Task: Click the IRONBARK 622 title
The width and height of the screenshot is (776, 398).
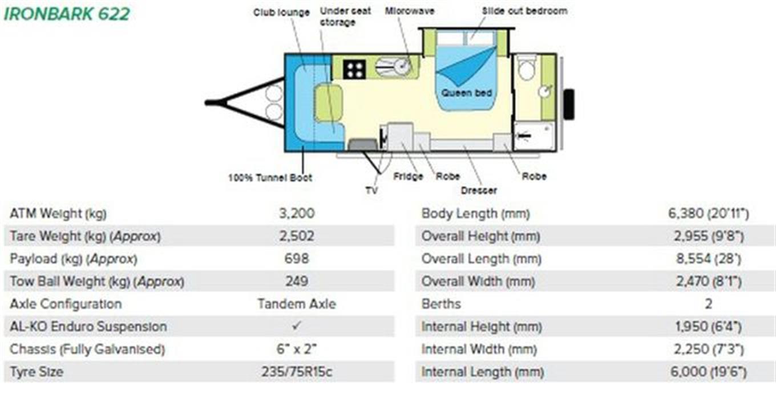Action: (x=67, y=14)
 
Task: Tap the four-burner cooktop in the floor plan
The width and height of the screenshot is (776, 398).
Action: (x=354, y=69)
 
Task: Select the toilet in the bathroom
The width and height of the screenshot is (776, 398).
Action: (x=526, y=68)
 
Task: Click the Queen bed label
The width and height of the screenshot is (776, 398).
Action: (x=466, y=93)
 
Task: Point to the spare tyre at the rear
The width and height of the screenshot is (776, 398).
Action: (x=569, y=104)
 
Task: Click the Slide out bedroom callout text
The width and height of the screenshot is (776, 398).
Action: (x=524, y=11)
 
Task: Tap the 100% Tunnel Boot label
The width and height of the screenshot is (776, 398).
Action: (x=270, y=177)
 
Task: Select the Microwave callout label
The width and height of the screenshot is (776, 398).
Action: (x=410, y=11)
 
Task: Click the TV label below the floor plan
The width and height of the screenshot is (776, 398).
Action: (x=371, y=190)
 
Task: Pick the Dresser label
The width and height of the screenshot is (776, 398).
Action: (x=479, y=190)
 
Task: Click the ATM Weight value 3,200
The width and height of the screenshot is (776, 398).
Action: (x=297, y=213)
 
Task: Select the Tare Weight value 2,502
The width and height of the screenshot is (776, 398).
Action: (x=297, y=236)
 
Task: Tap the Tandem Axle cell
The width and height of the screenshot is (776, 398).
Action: (x=297, y=304)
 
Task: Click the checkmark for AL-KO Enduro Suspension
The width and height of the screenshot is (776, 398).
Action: (x=297, y=326)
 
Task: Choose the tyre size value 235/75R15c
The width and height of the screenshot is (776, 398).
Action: (x=297, y=372)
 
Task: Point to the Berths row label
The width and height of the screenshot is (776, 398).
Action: (x=441, y=304)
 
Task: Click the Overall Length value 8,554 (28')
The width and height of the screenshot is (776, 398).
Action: (x=709, y=258)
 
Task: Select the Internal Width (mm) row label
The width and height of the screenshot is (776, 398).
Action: (x=479, y=349)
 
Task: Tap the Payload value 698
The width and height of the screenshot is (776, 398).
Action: (x=297, y=258)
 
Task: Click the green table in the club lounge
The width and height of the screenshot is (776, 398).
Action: (x=329, y=103)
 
